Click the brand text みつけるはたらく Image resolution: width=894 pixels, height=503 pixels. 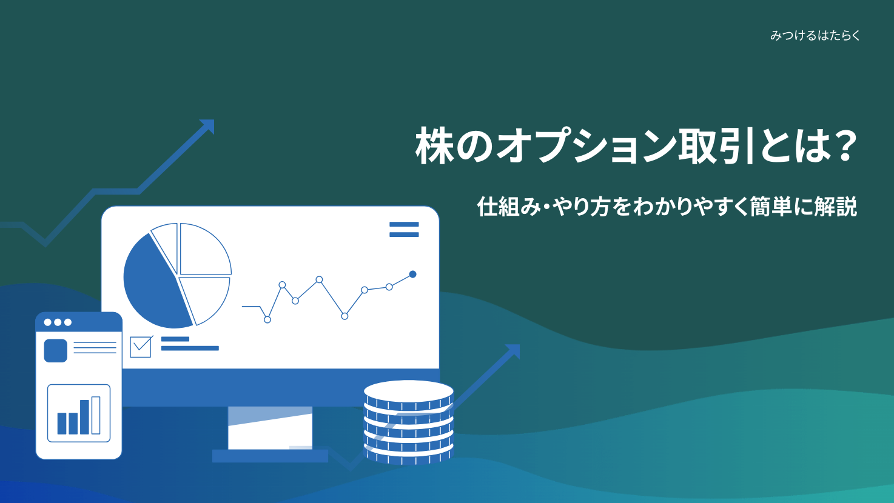click(x=815, y=36)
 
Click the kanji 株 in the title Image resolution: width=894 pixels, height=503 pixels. click(x=434, y=146)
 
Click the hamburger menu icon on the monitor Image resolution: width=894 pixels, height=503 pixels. click(x=404, y=229)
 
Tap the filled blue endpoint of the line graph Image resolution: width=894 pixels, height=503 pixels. click(x=412, y=275)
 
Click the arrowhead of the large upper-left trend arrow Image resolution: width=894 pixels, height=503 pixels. click(x=207, y=126)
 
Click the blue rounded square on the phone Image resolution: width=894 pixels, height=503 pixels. click(x=55, y=351)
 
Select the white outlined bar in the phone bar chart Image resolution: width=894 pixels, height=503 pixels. click(x=96, y=415)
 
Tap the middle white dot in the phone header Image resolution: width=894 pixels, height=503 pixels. click(x=58, y=322)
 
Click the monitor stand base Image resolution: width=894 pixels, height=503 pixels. click(x=270, y=456)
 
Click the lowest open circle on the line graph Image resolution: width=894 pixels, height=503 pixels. click(x=267, y=319)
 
